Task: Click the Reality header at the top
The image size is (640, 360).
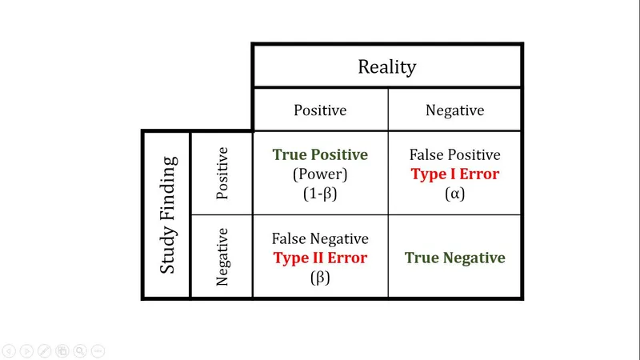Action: [x=386, y=66]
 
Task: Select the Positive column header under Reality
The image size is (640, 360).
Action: [x=320, y=110]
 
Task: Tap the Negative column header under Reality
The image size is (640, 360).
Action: [x=454, y=110]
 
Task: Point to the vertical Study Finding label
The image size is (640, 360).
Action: [x=167, y=214]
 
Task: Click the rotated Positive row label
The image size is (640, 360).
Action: [x=222, y=173]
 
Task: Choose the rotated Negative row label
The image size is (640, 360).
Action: [x=222, y=257]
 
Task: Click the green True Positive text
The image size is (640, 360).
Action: [x=320, y=155]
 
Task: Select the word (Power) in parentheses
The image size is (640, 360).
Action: [x=320, y=174]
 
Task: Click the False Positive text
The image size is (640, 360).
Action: [x=454, y=155]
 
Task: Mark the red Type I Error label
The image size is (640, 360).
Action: [x=454, y=174]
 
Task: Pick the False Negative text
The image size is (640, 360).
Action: [x=320, y=238]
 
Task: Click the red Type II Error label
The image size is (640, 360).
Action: [x=320, y=258]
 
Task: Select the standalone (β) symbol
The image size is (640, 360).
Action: [x=320, y=278]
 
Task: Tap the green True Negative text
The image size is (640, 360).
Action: [x=454, y=258]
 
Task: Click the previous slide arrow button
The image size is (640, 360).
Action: [x=9, y=350]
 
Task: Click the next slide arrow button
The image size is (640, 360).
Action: [x=26, y=350]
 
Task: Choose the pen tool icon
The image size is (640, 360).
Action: [x=44, y=350]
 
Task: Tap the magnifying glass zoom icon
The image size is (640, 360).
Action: [x=80, y=350]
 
